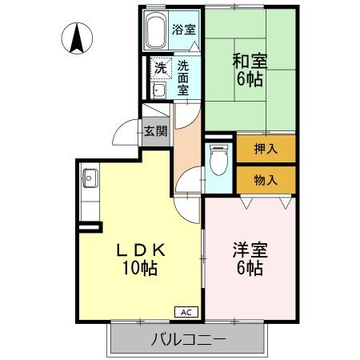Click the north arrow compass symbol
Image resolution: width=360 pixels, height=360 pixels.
76,38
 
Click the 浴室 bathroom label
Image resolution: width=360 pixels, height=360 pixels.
183,30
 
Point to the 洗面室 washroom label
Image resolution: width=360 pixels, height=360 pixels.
183,78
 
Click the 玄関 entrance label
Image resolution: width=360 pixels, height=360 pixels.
155,130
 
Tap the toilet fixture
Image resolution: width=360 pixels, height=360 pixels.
216,161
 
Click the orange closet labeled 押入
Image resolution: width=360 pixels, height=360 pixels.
266,148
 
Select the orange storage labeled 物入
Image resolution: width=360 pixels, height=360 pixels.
266,179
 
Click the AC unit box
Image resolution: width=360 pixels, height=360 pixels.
185,312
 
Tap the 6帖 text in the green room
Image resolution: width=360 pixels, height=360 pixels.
250,80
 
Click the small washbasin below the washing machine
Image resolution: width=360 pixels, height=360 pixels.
158,91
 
